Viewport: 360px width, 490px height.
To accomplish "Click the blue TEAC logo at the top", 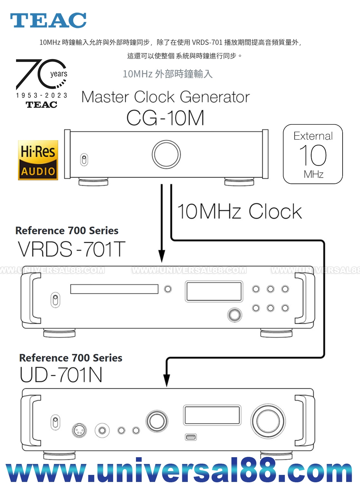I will (x=48, y=20).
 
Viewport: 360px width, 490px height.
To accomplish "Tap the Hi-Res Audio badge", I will (x=38, y=160).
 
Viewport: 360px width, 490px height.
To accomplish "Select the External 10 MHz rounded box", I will (x=313, y=154).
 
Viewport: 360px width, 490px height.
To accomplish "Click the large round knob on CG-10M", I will (x=166, y=154).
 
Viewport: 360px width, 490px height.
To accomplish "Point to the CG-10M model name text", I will (x=165, y=118).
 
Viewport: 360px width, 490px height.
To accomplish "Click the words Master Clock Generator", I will (x=166, y=97).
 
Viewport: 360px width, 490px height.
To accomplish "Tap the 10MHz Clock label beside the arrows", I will (x=239, y=212).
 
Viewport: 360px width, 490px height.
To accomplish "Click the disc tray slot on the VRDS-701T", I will (x=114, y=289).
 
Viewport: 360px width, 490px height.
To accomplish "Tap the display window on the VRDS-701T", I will (x=214, y=291).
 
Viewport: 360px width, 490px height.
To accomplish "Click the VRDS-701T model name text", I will (x=71, y=249).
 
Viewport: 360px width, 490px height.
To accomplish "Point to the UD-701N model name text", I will (x=61, y=375).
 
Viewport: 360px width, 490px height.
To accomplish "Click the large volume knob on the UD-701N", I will (x=268, y=421).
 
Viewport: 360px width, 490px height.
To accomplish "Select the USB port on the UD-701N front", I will (x=191, y=437).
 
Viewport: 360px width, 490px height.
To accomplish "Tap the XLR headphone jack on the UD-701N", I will (x=79, y=430).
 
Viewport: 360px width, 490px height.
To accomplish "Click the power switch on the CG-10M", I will (x=84, y=159).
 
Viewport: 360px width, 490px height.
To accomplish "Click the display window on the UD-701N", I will (x=212, y=415).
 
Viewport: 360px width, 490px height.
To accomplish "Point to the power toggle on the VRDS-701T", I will (x=56, y=300).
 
